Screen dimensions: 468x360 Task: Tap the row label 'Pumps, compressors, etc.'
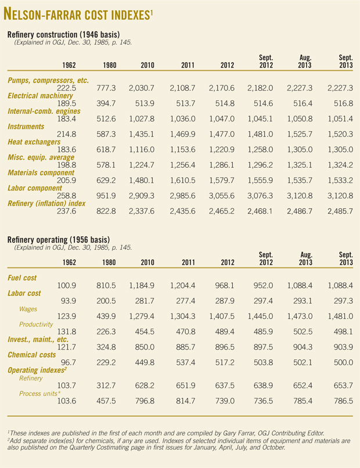point(48,80)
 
